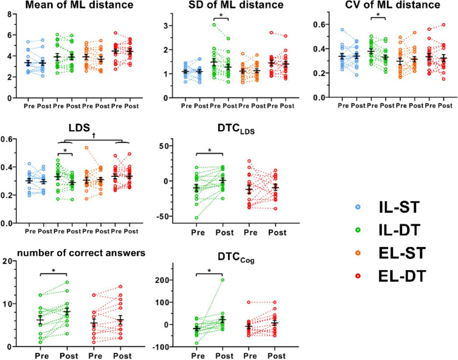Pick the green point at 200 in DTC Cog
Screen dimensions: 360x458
point(223,280)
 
